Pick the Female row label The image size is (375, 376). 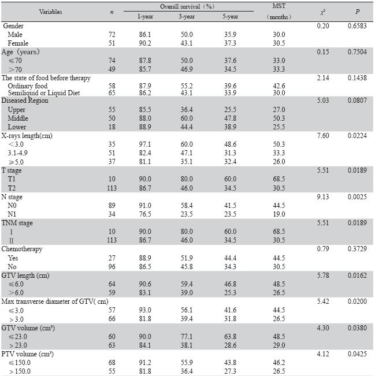(x=18, y=43)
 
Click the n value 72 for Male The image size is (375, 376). (x=112, y=35)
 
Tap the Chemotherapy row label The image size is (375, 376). (x=22, y=249)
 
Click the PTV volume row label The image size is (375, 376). (x=28, y=353)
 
